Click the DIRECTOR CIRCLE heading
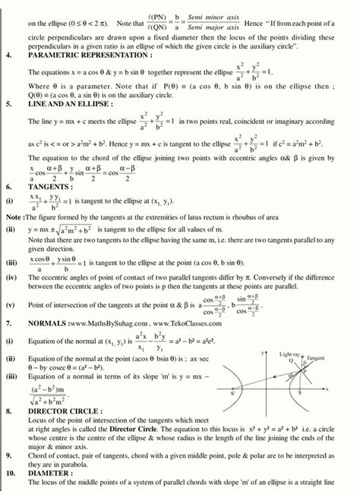coord(65,410)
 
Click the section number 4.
coord(7,55)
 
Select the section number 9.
coord(7,454)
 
